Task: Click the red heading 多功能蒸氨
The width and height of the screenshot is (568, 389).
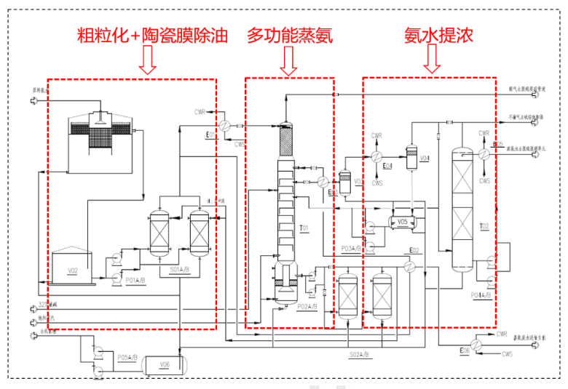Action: [x=289, y=36]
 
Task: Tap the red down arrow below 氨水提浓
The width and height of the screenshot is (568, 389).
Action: [x=432, y=62]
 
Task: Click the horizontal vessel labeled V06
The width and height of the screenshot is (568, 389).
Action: [x=165, y=364]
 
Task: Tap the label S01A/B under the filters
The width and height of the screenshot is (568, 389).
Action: [x=180, y=270]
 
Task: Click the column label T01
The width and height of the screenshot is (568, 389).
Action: [x=304, y=228]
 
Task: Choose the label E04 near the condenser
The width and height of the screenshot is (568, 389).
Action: [x=388, y=166]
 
